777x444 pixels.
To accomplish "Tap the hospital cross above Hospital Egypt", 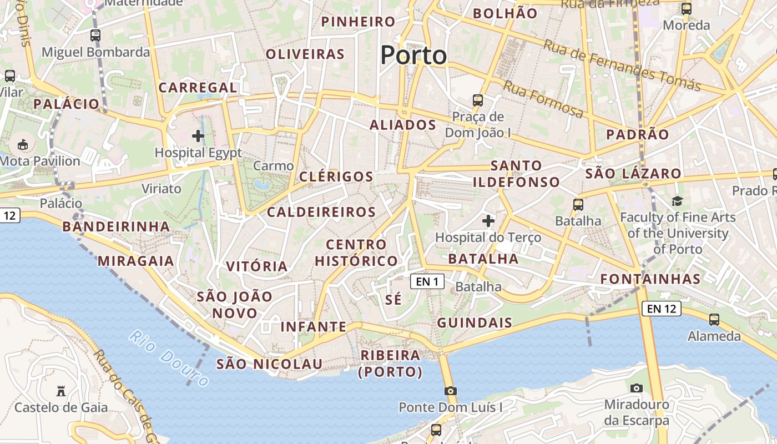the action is (x=198, y=135).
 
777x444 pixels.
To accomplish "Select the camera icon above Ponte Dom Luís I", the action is (x=450, y=391).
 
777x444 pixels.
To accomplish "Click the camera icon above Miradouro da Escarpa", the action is (x=636, y=388).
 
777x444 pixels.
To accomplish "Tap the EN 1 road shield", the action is (x=427, y=281).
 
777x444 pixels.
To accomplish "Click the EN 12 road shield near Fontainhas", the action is (x=661, y=309).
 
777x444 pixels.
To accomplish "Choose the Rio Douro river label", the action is (x=169, y=358).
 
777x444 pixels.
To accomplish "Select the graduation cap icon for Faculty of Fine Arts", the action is (x=677, y=201).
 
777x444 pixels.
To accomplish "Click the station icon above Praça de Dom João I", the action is (x=478, y=100).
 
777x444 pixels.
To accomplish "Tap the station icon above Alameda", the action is (x=714, y=320).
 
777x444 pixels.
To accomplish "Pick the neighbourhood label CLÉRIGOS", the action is (x=336, y=177).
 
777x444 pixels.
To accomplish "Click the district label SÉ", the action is (x=393, y=300).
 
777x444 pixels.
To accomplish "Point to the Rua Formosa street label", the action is (x=543, y=99).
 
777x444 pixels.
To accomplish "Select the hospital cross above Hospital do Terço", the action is (x=488, y=221).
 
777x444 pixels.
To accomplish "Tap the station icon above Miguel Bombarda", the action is (x=95, y=36).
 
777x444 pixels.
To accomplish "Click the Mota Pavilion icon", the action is (x=23, y=145).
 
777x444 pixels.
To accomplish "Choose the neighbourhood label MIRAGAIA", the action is (x=136, y=261).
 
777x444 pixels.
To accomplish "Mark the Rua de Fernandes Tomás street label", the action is (x=621, y=65).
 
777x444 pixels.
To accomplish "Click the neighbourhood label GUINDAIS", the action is (x=475, y=323).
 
